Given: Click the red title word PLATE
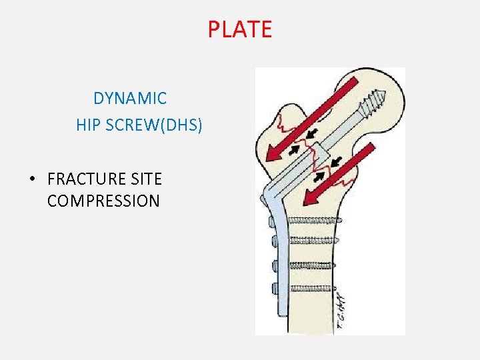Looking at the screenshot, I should click(x=239, y=29).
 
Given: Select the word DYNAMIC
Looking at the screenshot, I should click(x=130, y=99).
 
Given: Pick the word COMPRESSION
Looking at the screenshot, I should click(x=103, y=201).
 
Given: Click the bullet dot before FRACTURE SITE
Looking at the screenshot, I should click(x=31, y=179).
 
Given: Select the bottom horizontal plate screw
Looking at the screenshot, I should click(x=312, y=287).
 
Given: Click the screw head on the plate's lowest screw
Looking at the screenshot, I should click(x=274, y=288).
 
